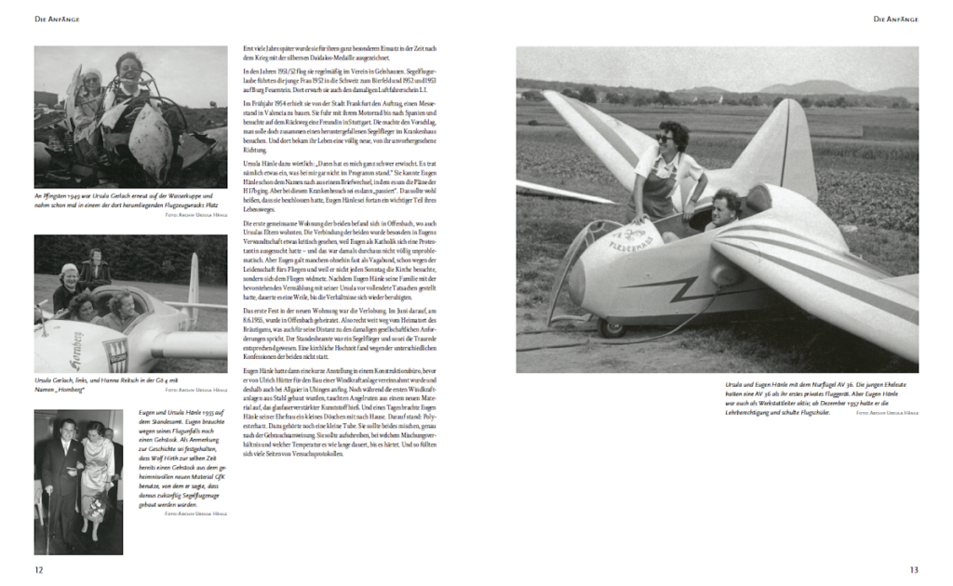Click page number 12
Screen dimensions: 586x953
point(38,569)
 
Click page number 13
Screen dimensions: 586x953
point(914,569)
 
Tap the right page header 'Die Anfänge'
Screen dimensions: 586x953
point(895,19)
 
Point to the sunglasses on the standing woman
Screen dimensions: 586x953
point(664,138)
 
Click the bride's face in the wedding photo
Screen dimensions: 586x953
point(95,431)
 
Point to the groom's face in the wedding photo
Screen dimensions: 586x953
point(67,429)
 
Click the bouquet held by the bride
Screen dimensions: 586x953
point(97,507)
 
